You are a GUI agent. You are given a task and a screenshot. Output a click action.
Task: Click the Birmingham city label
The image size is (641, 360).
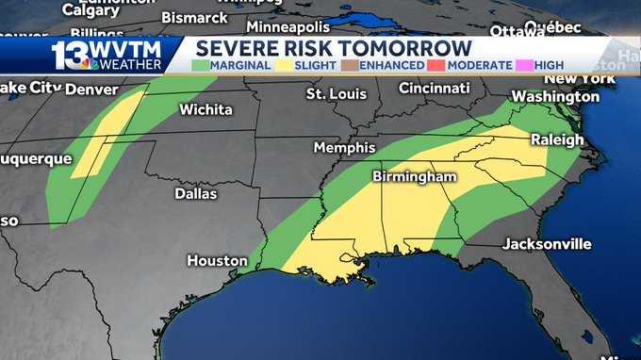point(414,176)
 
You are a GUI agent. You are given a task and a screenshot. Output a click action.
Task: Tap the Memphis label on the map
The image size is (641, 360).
point(344,148)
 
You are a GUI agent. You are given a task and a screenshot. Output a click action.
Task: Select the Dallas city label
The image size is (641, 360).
point(196,194)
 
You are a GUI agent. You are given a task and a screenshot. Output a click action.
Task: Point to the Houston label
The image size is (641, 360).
point(217,260)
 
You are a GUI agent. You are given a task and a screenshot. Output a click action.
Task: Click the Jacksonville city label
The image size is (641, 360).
point(547,244)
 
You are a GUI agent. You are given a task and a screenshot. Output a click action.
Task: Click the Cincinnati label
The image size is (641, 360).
point(434,88)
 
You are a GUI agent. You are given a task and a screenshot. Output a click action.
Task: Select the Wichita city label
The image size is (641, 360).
point(205,110)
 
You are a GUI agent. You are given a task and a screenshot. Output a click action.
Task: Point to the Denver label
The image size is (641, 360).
point(93,90)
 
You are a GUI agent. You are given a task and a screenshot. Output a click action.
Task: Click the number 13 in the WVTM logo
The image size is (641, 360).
point(70,54)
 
